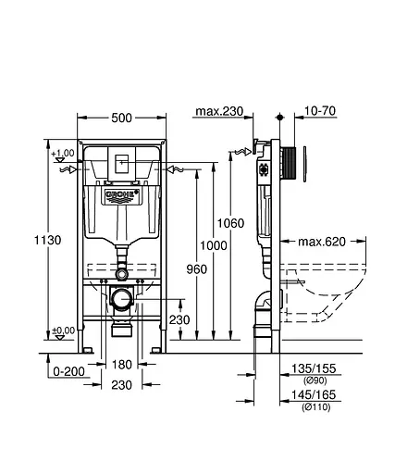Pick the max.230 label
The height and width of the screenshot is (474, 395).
tap(219, 112)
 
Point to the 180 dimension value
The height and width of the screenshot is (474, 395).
tap(122, 364)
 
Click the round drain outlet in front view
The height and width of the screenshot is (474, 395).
tap(121, 298)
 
